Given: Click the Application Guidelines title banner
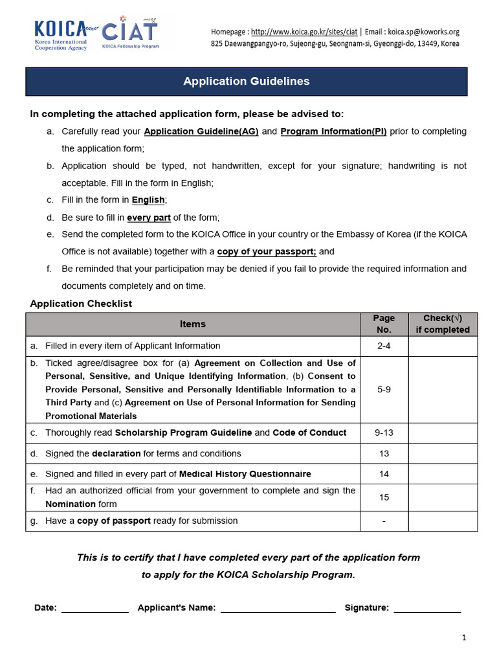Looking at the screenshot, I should [x=246, y=82].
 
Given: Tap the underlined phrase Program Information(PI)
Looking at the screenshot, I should [x=333, y=131].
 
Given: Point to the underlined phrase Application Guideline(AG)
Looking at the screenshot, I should [x=201, y=131].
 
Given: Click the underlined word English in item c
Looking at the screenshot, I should [x=148, y=200].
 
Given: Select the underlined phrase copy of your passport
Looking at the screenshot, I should [x=267, y=251].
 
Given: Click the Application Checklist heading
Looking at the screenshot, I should [x=82, y=304].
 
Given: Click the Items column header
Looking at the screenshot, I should [x=193, y=324].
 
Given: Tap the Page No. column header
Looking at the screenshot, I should [x=384, y=324].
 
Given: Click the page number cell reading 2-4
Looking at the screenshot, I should [x=384, y=346].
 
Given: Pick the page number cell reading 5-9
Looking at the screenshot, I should [x=384, y=390].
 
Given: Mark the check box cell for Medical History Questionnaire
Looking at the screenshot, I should [x=443, y=474].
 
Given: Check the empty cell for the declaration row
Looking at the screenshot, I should [x=443, y=453].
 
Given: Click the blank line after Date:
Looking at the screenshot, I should [x=95, y=609].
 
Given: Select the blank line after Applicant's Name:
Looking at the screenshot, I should [x=278, y=609].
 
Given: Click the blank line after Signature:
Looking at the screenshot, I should [x=427, y=609].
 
